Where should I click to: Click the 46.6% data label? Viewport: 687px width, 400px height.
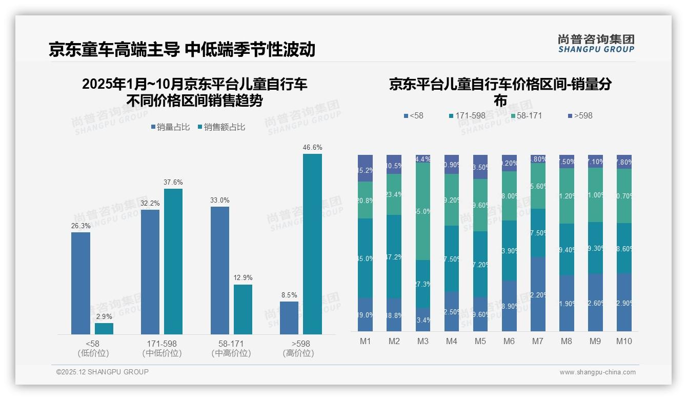(x=312, y=148)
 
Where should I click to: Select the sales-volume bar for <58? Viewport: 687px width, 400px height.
(x=80, y=283)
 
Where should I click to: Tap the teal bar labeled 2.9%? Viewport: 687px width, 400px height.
(x=104, y=328)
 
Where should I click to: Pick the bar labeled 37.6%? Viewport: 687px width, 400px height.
(x=173, y=262)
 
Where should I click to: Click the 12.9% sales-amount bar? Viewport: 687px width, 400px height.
(x=243, y=309)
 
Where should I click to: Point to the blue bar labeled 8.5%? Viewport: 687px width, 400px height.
(x=289, y=317)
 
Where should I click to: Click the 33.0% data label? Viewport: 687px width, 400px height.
(x=219, y=201)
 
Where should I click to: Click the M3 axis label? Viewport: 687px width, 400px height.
(x=423, y=341)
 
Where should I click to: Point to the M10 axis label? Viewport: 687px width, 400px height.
(x=624, y=341)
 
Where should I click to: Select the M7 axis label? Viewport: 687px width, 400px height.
(x=538, y=341)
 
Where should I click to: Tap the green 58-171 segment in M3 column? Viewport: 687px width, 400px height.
(x=423, y=211)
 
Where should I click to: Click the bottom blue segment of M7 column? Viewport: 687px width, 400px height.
(x=538, y=294)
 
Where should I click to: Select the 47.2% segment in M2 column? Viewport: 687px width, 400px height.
(x=394, y=256)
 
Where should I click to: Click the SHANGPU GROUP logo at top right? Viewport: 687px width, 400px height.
(x=596, y=44)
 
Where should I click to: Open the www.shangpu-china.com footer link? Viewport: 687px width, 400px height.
(x=597, y=372)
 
